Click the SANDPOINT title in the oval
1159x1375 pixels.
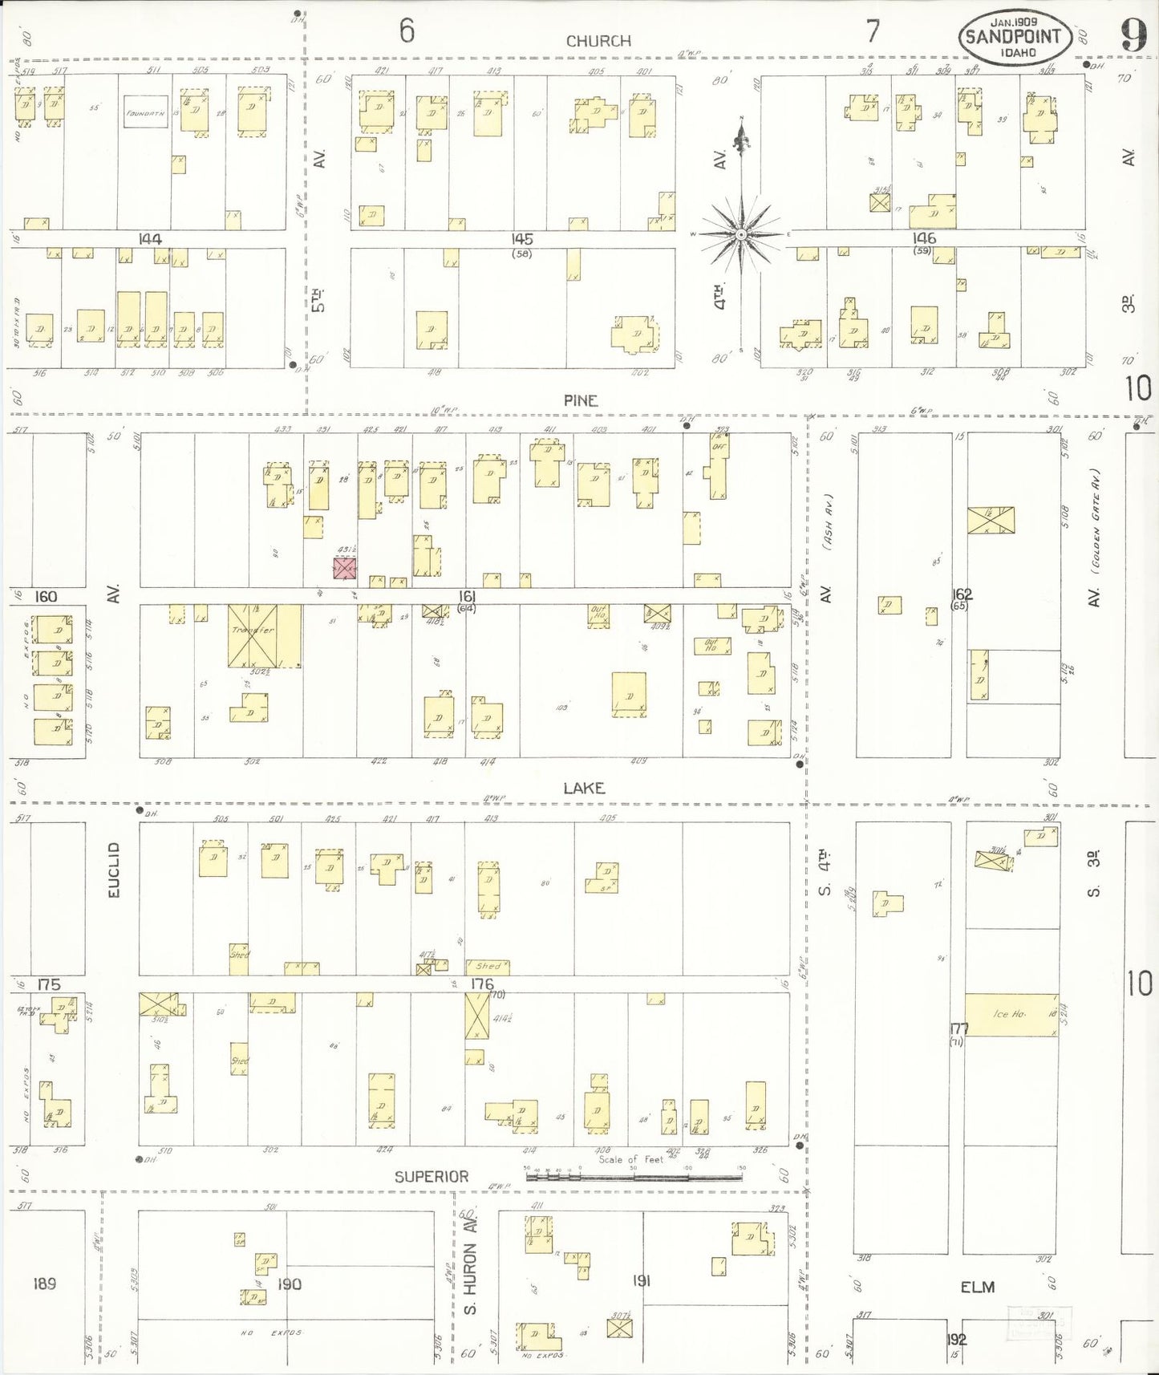tap(1014, 36)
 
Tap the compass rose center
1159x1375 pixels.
tap(742, 234)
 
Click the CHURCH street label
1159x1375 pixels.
tap(598, 41)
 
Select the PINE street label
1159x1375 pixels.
tap(580, 400)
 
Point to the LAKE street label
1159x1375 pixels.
tap(583, 789)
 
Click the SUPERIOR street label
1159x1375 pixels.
tap(431, 1176)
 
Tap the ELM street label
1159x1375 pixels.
tap(977, 1287)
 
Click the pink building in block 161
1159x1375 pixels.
tap(344, 568)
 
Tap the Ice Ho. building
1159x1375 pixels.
tap(1011, 1014)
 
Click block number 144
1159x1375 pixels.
tap(150, 239)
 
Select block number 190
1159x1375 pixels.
tap(289, 1284)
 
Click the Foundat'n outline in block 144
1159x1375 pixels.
tap(145, 113)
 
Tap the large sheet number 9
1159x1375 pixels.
tap(1133, 35)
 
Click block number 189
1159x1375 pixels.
tap(44, 1284)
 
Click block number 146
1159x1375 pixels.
tap(924, 238)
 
